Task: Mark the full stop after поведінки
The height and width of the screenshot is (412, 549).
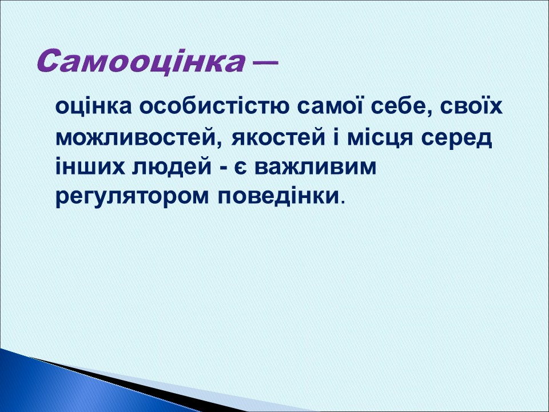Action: [343, 203]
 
